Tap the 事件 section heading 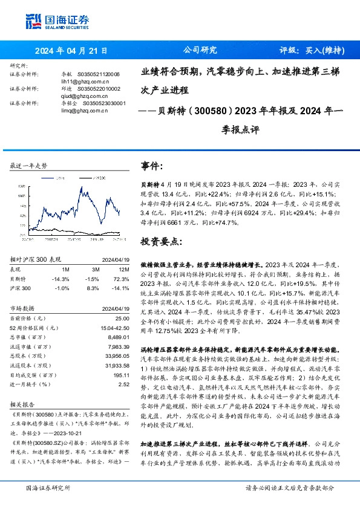point(151,166)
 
